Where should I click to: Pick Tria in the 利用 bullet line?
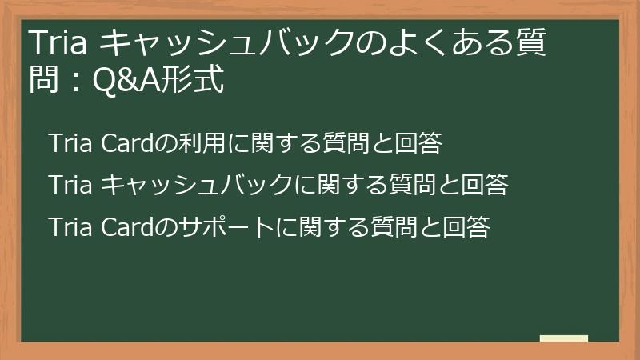[71, 144]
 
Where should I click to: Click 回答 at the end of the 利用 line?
[419, 144]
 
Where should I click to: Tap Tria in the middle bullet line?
[71, 186]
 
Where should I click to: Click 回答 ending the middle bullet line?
[487, 186]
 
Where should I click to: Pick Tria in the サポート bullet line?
[71, 227]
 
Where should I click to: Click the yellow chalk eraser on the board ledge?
[564, 338]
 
